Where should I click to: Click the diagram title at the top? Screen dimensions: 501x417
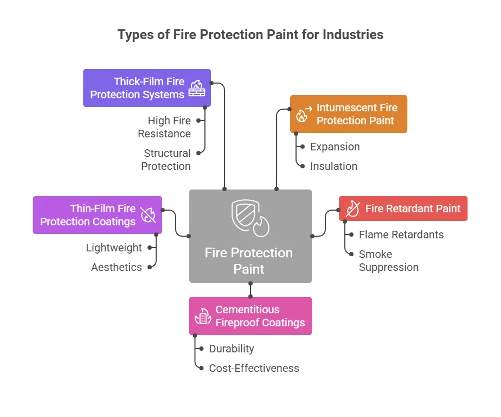point(251,35)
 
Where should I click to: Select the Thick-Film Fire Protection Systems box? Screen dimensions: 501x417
point(147,88)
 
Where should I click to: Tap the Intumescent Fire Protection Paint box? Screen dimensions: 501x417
point(349,114)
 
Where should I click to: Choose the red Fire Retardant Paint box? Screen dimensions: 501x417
point(403,208)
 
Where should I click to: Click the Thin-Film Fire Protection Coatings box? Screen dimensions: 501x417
point(98,215)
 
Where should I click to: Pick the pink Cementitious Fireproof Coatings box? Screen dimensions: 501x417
point(251,316)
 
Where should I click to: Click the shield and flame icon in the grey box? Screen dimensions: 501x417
point(251,218)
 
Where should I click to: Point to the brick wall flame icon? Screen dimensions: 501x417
point(197,89)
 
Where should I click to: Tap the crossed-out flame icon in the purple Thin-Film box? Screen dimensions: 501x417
point(148,214)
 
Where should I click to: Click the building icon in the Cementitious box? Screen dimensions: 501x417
point(203,316)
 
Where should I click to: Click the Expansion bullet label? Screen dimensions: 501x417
point(335,147)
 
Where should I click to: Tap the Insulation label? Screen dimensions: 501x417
point(333,166)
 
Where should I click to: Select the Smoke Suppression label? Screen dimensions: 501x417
point(389,261)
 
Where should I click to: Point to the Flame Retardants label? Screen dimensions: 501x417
point(401,235)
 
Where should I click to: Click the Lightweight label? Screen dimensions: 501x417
point(114,248)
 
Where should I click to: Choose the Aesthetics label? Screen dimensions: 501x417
point(116,267)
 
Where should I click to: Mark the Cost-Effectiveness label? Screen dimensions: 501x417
point(254,368)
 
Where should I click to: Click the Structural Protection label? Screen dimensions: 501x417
point(166,160)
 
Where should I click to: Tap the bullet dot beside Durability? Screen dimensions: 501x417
point(201,349)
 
